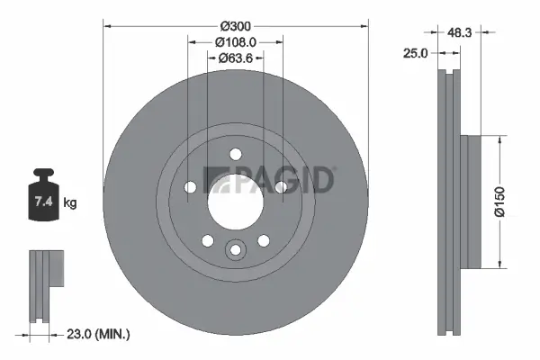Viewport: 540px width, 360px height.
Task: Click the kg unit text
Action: [x=71, y=203]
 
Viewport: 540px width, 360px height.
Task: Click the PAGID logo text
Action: [x=269, y=179]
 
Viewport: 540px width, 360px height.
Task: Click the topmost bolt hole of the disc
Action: [x=235, y=153]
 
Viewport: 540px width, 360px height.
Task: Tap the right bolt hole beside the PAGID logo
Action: [x=280, y=186]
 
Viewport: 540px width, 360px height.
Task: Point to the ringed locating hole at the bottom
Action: [x=235, y=249]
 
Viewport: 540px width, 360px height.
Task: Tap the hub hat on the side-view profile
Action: [x=470, y=202]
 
